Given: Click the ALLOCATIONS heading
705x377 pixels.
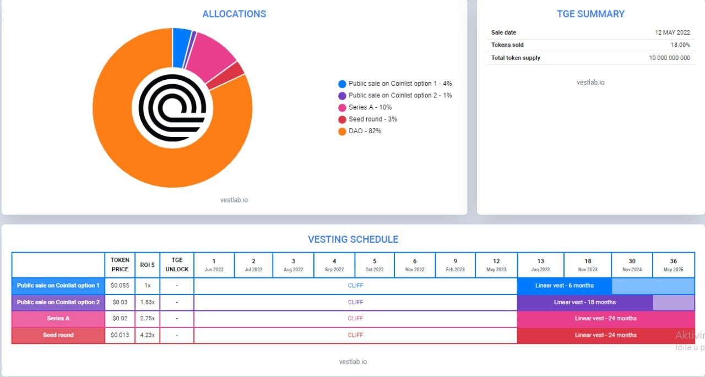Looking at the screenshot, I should pyautogui.click(x=234, y=14).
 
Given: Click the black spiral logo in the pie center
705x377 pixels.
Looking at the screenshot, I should pyautogui.click(x=172, y=108).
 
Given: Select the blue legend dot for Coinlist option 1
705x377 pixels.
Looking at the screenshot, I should pyautogui.click(x=342, y=84).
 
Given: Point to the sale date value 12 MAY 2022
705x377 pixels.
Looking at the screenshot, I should pyautogui.click(x=672, y=32).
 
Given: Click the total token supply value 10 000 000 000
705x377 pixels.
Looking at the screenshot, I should pyautogui.click(x=669, y=58).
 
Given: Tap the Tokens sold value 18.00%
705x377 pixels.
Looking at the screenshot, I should pyautogui.click(x=680, y=45).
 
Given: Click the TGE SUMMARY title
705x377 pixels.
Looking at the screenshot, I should pyautogui.click(x=590, y=14).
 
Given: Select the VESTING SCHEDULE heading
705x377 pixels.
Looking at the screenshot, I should pyautogui.click(x=353, y=239).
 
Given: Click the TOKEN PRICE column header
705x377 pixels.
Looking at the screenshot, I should pyautogui.click(x=120, y=265).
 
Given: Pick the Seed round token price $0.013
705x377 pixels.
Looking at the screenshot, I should pyautogui.click(x=120, y=335).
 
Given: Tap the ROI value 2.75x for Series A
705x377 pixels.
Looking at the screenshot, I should pyautogui.click(x=147, y=318).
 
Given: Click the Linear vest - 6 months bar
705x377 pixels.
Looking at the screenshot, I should pyautogui.click(x=564, y=286).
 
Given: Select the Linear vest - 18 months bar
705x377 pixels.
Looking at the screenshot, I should pyautogui.click(x=584, y=302).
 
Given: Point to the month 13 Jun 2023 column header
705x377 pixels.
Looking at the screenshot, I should pyautogui.click(x=540, y=265).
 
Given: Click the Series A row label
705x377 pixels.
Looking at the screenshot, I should pyautogui.click(x=58, y=318).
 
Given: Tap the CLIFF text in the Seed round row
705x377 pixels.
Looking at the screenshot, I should pyautogui.click(x=355, y=335).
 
